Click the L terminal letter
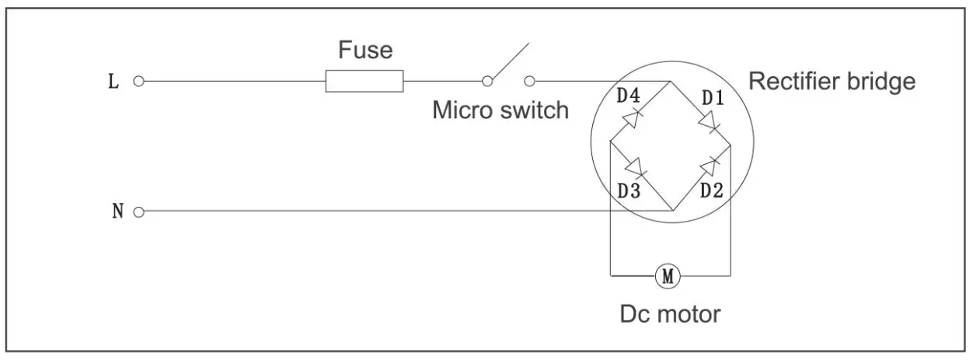point(113,82)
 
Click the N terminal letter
point(118,211)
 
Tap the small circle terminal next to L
point(139,81)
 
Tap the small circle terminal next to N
point(139,211)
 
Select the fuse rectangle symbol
point(364,81)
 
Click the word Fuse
point(365,51)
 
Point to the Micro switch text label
point(500,110)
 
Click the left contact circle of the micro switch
point(487,81)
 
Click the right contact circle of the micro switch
point(530,81)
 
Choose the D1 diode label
point(713,98)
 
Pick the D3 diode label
point(629,190)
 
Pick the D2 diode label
point(712,190)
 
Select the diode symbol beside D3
point(635,166)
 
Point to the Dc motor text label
point(670,315)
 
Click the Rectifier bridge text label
point(832,82)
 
